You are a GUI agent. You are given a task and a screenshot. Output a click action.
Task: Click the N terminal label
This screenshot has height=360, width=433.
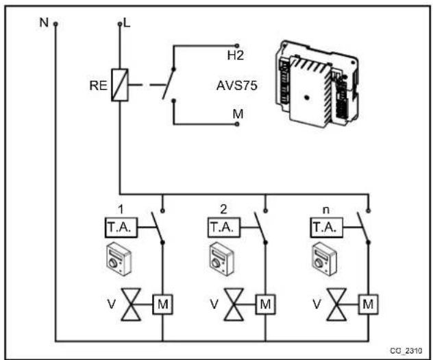point(44,22)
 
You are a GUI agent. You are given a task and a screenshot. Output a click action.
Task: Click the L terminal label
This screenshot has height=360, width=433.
point(126,23)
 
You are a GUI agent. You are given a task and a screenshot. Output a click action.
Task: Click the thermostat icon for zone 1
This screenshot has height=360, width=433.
point(116,258)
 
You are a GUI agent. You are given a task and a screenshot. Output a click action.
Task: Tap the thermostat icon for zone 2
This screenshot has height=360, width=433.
point(220,258)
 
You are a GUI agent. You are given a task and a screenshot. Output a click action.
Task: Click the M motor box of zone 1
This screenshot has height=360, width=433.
point(162,302)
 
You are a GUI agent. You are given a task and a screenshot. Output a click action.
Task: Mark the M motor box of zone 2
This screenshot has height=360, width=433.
point(266,302)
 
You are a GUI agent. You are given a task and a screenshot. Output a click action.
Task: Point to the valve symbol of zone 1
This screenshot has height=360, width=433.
point(135,302)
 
